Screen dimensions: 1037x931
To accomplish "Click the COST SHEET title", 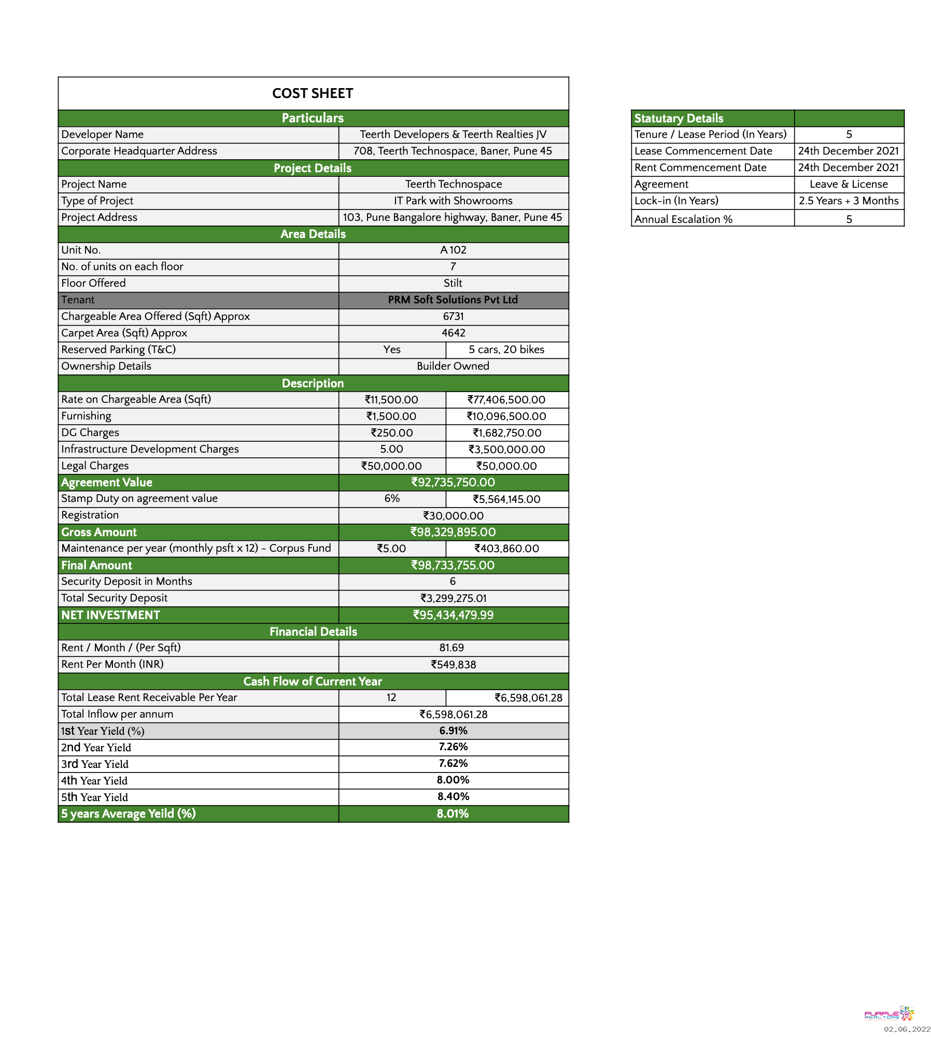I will (313, 93).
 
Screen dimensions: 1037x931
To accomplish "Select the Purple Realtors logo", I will (888, 1014).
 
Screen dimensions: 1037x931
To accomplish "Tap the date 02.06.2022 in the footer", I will (907, 1029).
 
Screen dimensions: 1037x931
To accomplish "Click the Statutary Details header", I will (679, 118).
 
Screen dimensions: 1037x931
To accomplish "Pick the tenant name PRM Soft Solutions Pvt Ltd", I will (453, 300).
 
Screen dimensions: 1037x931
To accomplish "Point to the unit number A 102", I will (453, 250).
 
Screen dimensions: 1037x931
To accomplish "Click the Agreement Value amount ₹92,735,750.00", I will (453, 482).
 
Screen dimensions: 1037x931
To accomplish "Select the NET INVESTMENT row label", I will (111, 615).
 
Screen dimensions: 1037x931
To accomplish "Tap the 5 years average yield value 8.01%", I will (453, 814).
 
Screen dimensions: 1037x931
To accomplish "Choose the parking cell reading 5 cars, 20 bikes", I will (506, 349).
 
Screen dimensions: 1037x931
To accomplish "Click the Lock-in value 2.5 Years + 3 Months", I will (849, 201).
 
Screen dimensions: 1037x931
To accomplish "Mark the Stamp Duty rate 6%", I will (392, 498).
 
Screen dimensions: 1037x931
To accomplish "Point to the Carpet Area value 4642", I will (453, 333).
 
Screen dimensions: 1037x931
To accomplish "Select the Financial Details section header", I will (313, 632).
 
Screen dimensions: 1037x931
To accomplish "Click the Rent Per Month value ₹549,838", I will (453, 664).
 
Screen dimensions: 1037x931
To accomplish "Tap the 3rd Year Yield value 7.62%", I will (453, 763).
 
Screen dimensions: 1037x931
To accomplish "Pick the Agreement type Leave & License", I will (849, 184).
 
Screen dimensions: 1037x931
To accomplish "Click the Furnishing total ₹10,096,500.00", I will (506, 416).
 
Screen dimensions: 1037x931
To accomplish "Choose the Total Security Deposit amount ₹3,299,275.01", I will (453, 598).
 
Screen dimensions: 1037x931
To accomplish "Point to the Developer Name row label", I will (103, 134).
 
